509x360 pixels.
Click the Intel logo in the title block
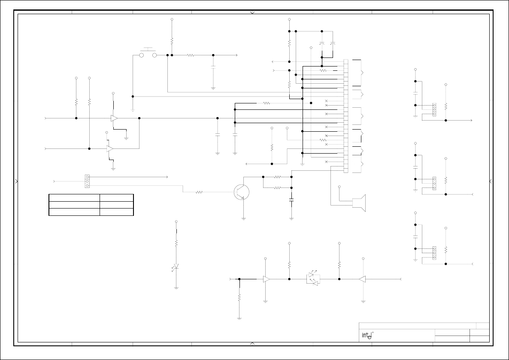pos(366,336)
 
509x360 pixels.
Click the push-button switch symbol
pos(148,54)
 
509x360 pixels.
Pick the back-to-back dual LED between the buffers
pos(314,278)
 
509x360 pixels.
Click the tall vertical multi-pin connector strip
pos(346,116)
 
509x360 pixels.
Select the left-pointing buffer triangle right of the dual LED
pos(362,279)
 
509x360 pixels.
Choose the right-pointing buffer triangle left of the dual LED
pos(267,279)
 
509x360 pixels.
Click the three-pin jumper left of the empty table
pos(87,181)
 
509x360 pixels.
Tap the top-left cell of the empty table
pos(74,197)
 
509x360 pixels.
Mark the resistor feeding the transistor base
pos(199,192)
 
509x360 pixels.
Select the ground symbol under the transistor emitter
pos(243,218)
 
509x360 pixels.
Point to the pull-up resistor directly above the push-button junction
pos(172,41)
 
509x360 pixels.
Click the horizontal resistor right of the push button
pos(191,55)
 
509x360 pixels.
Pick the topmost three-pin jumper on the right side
pos(434,109)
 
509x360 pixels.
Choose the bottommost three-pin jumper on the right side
pos(434,253)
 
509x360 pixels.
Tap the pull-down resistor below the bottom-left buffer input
pos(239,297)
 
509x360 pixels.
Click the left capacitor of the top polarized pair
pos(322,44)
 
